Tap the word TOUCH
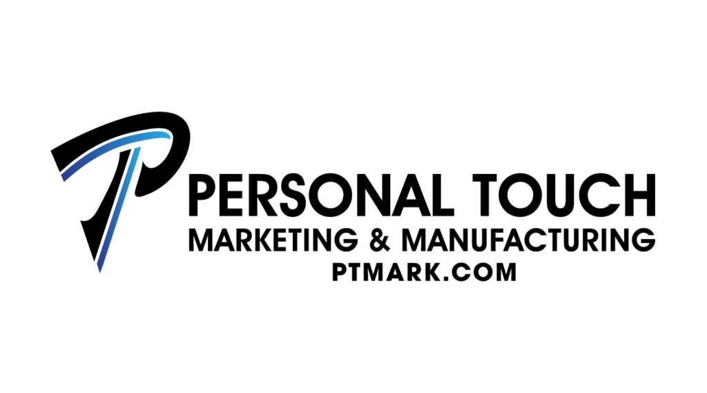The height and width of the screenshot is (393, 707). coord(564,195)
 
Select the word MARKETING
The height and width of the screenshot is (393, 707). coord(273,240)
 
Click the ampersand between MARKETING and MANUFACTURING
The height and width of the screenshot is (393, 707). coord(379,240)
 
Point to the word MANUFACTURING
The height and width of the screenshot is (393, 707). coord(528,240)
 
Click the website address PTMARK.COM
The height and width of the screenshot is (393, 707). coord(424,272)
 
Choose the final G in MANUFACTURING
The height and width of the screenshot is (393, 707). coord(644,240)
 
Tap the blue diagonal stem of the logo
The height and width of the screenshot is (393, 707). coord(117,209)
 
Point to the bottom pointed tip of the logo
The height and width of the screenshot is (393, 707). coord(99,272)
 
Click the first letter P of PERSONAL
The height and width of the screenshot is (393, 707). coord(204,195)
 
